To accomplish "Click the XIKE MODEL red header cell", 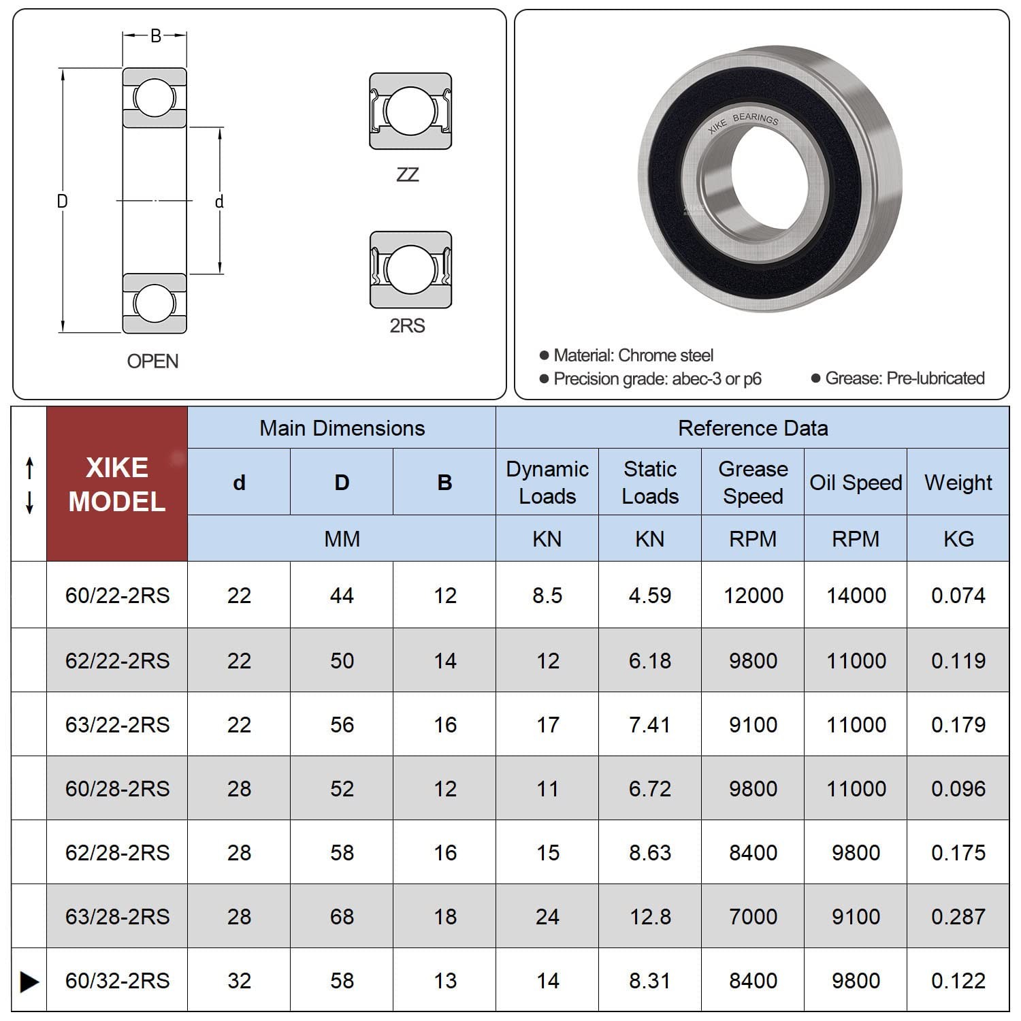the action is click(117, 484).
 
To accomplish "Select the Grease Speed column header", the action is click(753, 482).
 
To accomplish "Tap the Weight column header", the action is click(958, 482).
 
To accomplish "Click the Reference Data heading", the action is click(753, 428).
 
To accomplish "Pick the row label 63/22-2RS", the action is click(117, 724).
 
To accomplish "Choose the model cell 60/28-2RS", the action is click(117, 788).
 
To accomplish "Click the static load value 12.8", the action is click(650, 916).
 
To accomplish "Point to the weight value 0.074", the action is click(958, 596).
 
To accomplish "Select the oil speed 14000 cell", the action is click(856, 596).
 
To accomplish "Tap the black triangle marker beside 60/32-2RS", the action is click(29, 981).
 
